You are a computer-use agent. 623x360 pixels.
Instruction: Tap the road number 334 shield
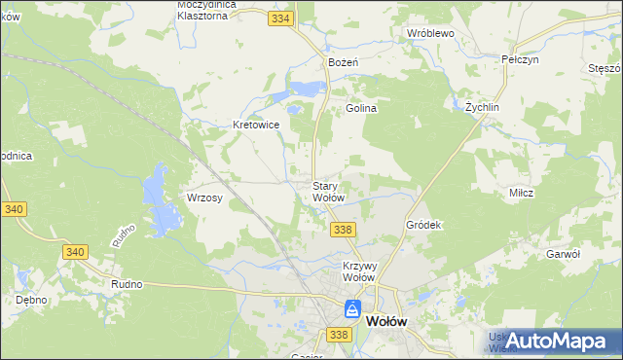tap(281, 18)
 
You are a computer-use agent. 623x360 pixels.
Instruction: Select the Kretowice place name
tap(257, 125)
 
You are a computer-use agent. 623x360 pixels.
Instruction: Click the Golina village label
tap(361, 108)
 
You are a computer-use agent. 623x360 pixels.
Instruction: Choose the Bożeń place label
tap(345, 61)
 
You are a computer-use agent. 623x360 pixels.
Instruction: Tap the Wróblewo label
tap(431, 32)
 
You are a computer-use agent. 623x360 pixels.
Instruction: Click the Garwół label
tap(563, 253)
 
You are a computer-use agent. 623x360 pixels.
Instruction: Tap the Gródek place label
tap(423, 225)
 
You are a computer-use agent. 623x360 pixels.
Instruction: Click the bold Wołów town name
tap(385, 320)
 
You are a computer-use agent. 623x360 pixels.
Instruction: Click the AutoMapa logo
tap(555, 341)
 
